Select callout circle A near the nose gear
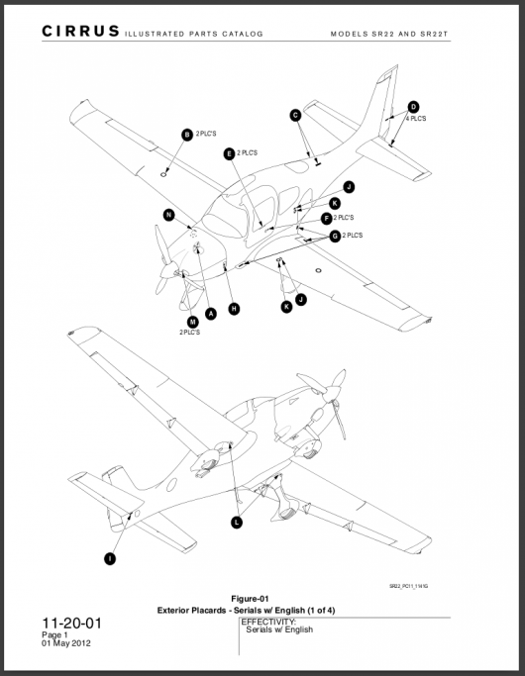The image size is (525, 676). pos(210,313)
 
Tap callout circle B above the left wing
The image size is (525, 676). pos(186,134)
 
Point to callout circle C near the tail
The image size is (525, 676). pos(295,116)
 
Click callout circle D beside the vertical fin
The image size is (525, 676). pos(413,107)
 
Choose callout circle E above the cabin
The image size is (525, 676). pos(229,153)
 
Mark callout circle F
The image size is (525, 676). pos(326,218)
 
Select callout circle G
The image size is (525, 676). pos(335,236)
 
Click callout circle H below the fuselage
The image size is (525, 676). pos(234,309)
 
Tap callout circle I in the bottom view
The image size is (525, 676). pos(109,558)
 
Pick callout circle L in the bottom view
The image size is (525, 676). pos(236,522)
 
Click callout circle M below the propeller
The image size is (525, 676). pos(192,321)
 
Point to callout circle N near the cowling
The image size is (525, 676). pos(169,215)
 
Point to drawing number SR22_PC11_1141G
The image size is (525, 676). pos(409,585)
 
